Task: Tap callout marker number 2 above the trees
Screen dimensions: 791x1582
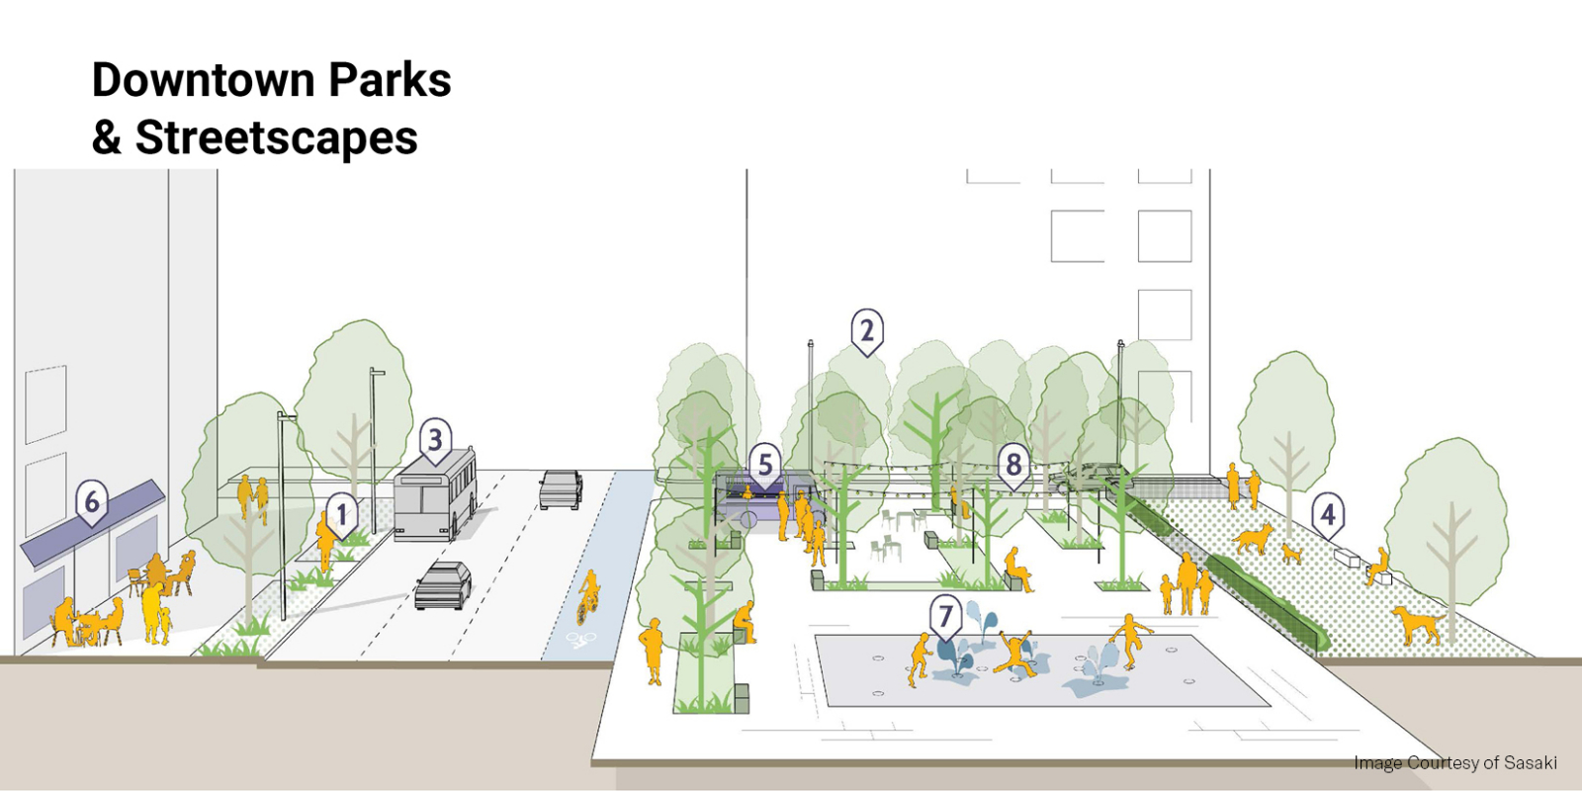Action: click(x=867, y=331)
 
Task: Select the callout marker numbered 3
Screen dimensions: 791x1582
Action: click(x=435, y=439)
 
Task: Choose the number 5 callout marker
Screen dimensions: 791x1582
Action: click(x=764, y=464)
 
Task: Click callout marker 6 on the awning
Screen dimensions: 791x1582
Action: click(x=92, y=501)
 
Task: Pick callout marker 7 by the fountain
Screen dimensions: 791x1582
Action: click(x=945, y=617)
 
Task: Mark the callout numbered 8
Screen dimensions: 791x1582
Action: click(x=1013, y=464)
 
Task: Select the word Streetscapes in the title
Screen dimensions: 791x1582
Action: click(x=276, y=137)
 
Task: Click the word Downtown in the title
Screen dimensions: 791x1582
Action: click(x=203, y=80)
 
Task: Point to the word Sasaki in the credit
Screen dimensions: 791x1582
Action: click(x=1530, y=762)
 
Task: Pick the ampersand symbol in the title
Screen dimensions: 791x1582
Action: click(x=106, y=137)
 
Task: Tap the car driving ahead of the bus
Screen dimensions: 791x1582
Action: click(x=561, y=488)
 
